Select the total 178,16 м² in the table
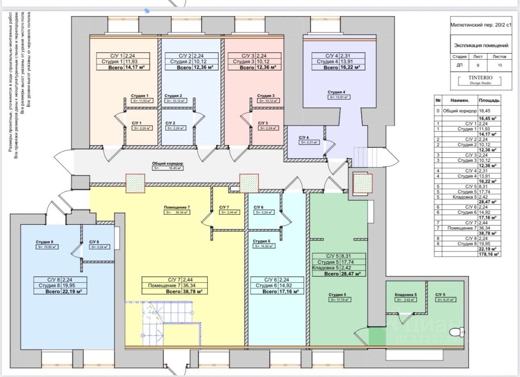tap(489, 254)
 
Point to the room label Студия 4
tap(336, 92)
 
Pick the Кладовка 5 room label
tap(405, 295)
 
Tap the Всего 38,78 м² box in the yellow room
tap(175, 291)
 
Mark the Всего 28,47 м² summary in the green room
tap(339, 274)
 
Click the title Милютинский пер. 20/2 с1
tap(481, 25)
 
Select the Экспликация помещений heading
tap(481, 45)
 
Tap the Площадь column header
tap(489, 100)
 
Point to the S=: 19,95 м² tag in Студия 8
tap(48, 247)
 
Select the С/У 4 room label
tap(304, 138)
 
